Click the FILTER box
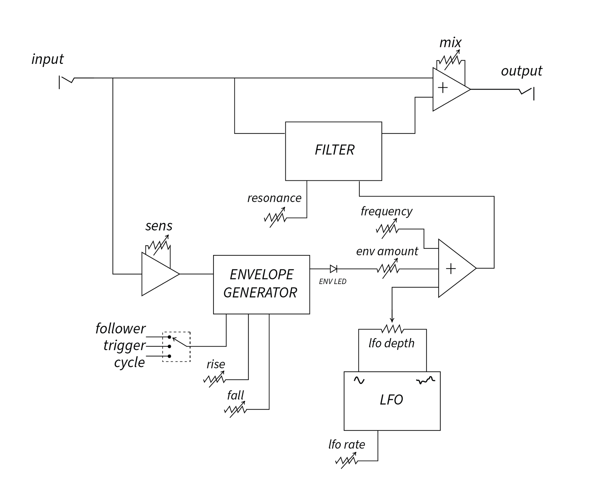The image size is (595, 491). pyautogui.click(x=333, y=151)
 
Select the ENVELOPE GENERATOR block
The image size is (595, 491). pyautogui.click(x=261, y=284)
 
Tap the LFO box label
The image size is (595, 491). pyautogui.click(x=391, y=400)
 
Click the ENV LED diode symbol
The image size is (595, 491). pyautogui.click(x=333, y=269)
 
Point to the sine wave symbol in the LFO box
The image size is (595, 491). pyautogui.click(x=359, y=380)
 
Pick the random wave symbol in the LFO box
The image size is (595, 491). pyautogui.click(x=426, y=380)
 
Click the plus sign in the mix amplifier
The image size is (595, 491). pyautogui.click(x=443, y=88)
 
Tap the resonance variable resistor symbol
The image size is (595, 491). pyautogui.click(x=275, y=217)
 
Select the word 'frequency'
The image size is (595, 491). pyautogui.click(x=386, y=211)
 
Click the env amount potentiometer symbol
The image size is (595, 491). pyautogui.click(x=388, y=269)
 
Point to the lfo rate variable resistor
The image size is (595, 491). pyautogui.click(x=347, y=460)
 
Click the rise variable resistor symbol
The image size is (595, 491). pyautogui.click(x=215, y=379)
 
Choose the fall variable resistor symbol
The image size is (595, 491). pyautogui.click(x=235, y=409)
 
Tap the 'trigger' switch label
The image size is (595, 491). pyautogui.click(x=124, y=345)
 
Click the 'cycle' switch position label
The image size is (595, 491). pyautogui.click(x=129, y=363)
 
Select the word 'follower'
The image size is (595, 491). pyautogui.click(x=120, y=329)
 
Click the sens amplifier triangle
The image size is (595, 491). pyautogui.click(x=158, y=274)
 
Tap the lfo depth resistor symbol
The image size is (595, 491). pyautogui.click(x=393, y=329)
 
